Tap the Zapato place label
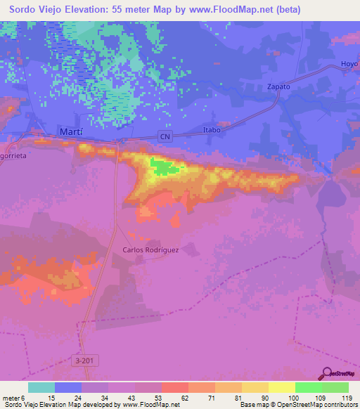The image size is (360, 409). tap(279, 86)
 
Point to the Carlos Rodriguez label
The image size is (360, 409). tap(151, 249)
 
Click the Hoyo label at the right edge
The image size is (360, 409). tap(350, 63)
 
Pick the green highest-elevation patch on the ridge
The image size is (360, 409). tap(163, 167)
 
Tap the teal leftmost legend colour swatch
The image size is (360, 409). tap(41, 387)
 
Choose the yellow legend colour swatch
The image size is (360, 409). tap(281, 387)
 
